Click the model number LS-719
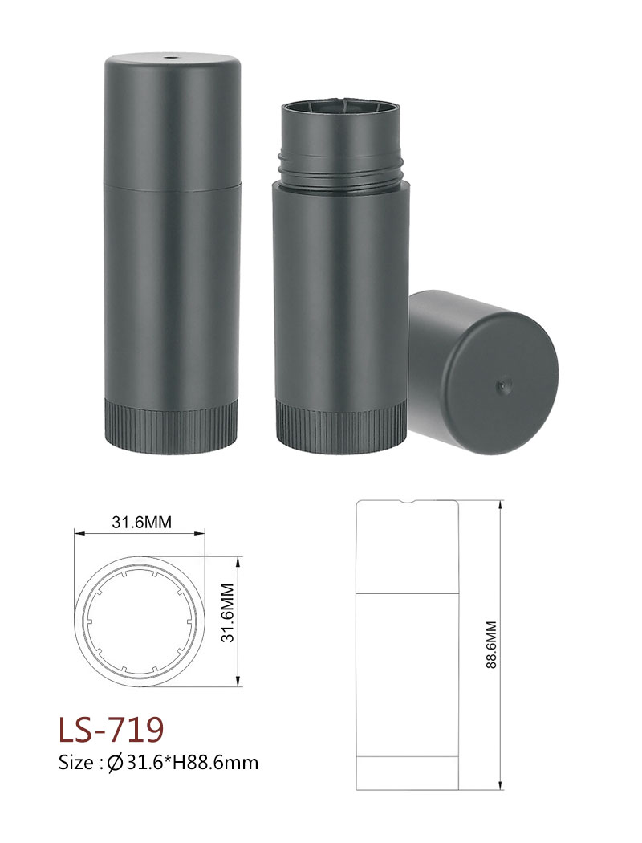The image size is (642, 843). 112,729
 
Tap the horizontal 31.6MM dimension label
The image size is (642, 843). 142,522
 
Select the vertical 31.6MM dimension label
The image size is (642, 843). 228,613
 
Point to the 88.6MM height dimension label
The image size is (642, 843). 491,645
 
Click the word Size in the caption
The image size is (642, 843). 77,763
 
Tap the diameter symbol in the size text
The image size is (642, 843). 115,763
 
